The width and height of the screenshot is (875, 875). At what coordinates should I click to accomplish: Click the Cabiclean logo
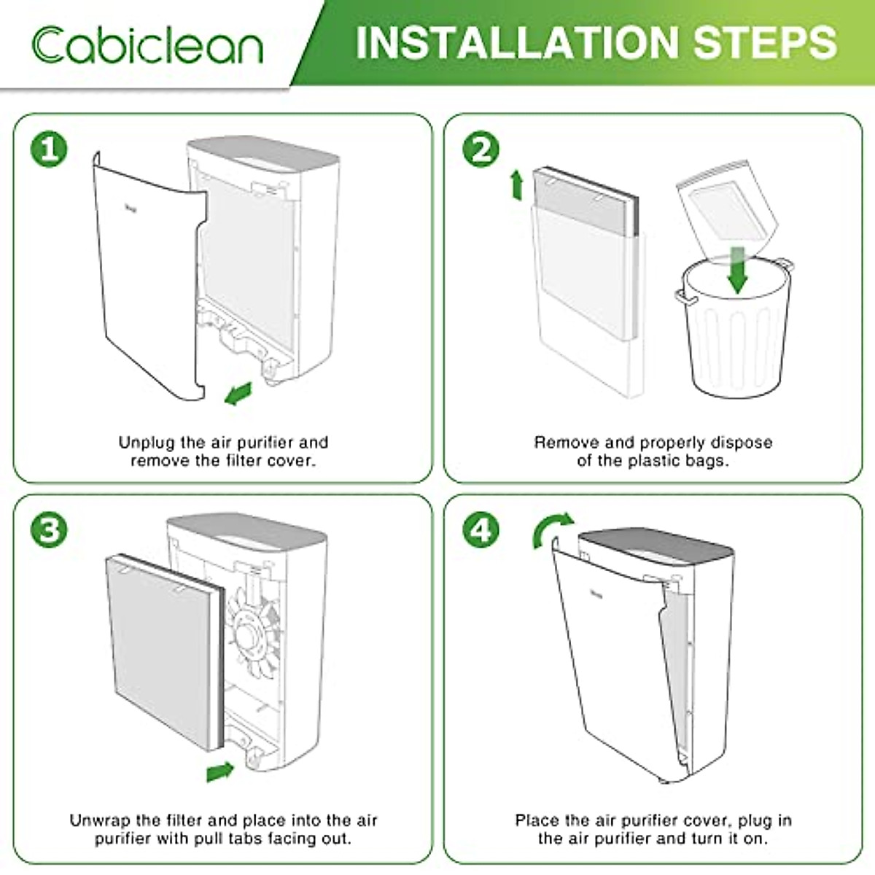point(147,44)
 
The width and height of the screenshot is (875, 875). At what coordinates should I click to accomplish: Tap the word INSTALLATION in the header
point(517,42)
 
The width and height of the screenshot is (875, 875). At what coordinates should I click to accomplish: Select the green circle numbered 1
point(49,149)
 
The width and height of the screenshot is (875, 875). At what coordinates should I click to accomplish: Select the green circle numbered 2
point(481,149)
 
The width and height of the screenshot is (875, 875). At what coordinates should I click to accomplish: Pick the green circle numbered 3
point(49,529)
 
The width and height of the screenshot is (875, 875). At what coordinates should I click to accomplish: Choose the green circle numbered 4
point(481,529)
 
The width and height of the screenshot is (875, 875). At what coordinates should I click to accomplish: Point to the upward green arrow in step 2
point(516,184)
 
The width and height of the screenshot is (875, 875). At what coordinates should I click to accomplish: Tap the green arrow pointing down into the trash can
point(738,271)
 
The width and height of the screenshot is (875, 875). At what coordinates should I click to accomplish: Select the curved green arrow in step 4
point(551,529)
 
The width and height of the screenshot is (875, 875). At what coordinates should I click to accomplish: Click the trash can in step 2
point(735,328)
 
